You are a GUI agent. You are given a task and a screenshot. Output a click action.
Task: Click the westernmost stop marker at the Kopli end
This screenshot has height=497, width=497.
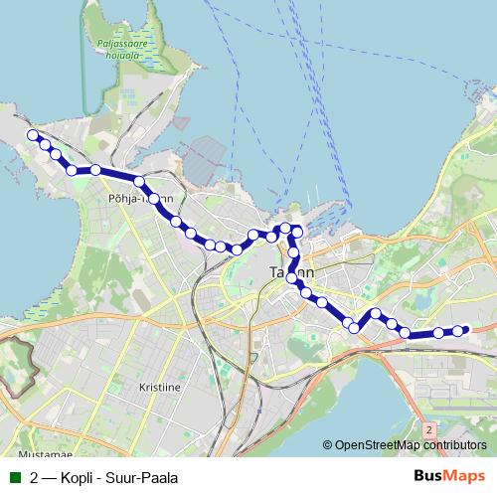33,134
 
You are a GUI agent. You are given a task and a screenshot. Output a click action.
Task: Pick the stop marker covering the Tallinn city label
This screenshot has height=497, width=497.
293,279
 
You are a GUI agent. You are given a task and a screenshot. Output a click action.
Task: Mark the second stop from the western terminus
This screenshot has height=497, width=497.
45,145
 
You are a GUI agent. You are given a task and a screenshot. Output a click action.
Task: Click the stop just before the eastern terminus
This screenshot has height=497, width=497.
439,333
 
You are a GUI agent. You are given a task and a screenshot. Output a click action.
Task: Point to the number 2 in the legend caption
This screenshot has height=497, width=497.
35,477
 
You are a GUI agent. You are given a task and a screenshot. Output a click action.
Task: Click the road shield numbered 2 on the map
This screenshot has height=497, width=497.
428,429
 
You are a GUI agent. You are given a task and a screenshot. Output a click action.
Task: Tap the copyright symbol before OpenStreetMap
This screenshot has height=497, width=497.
327,445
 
